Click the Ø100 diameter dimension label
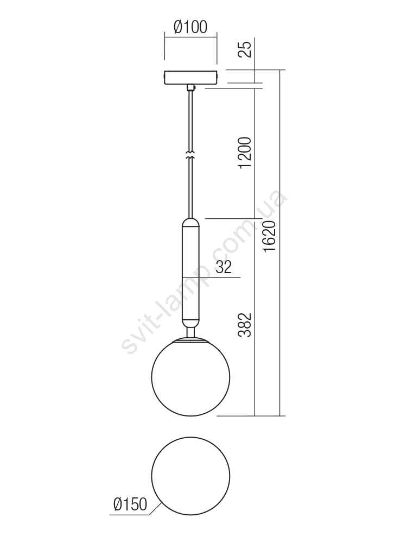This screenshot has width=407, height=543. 190,27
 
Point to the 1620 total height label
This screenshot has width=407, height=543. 269,236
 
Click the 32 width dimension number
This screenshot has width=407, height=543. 224,267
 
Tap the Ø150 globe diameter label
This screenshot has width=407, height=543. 130,504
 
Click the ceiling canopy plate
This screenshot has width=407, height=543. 190,77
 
